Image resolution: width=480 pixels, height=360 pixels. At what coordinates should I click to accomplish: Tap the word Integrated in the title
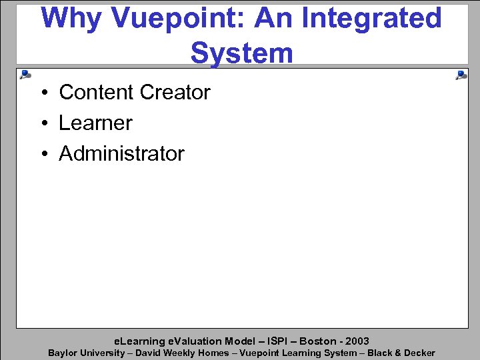[x=372, y=19]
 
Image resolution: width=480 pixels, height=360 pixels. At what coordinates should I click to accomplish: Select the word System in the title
[x=241, y=53]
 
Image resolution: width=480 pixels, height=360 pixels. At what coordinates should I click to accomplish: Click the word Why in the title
[x=70, y=19]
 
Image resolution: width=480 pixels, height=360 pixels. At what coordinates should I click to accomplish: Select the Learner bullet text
[x=95, y=123]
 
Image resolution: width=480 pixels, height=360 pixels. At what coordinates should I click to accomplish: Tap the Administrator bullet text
[x=121, y=154]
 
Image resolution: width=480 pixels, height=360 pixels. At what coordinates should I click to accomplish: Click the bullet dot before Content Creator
[x=41, y=93]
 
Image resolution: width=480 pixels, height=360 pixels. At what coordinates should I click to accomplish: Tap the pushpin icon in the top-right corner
[x=461, y=75]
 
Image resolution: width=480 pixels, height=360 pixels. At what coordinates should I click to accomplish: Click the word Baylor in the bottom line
[x=63, y=353]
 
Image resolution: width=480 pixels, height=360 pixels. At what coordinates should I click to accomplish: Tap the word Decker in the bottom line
[x=418, y=353]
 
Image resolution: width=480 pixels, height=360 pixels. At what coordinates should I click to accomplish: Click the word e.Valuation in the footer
[x=193, y=341]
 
